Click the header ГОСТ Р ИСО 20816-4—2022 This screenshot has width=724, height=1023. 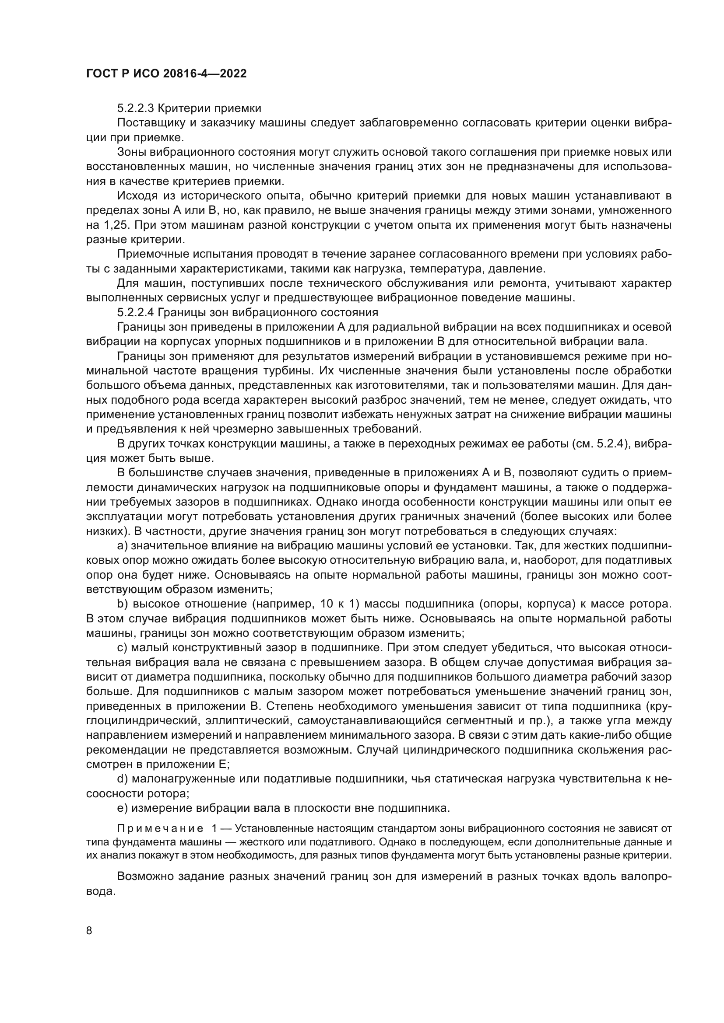166,74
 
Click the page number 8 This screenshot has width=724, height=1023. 89,931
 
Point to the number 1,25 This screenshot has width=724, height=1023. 107,225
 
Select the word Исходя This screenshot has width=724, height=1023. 134,196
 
